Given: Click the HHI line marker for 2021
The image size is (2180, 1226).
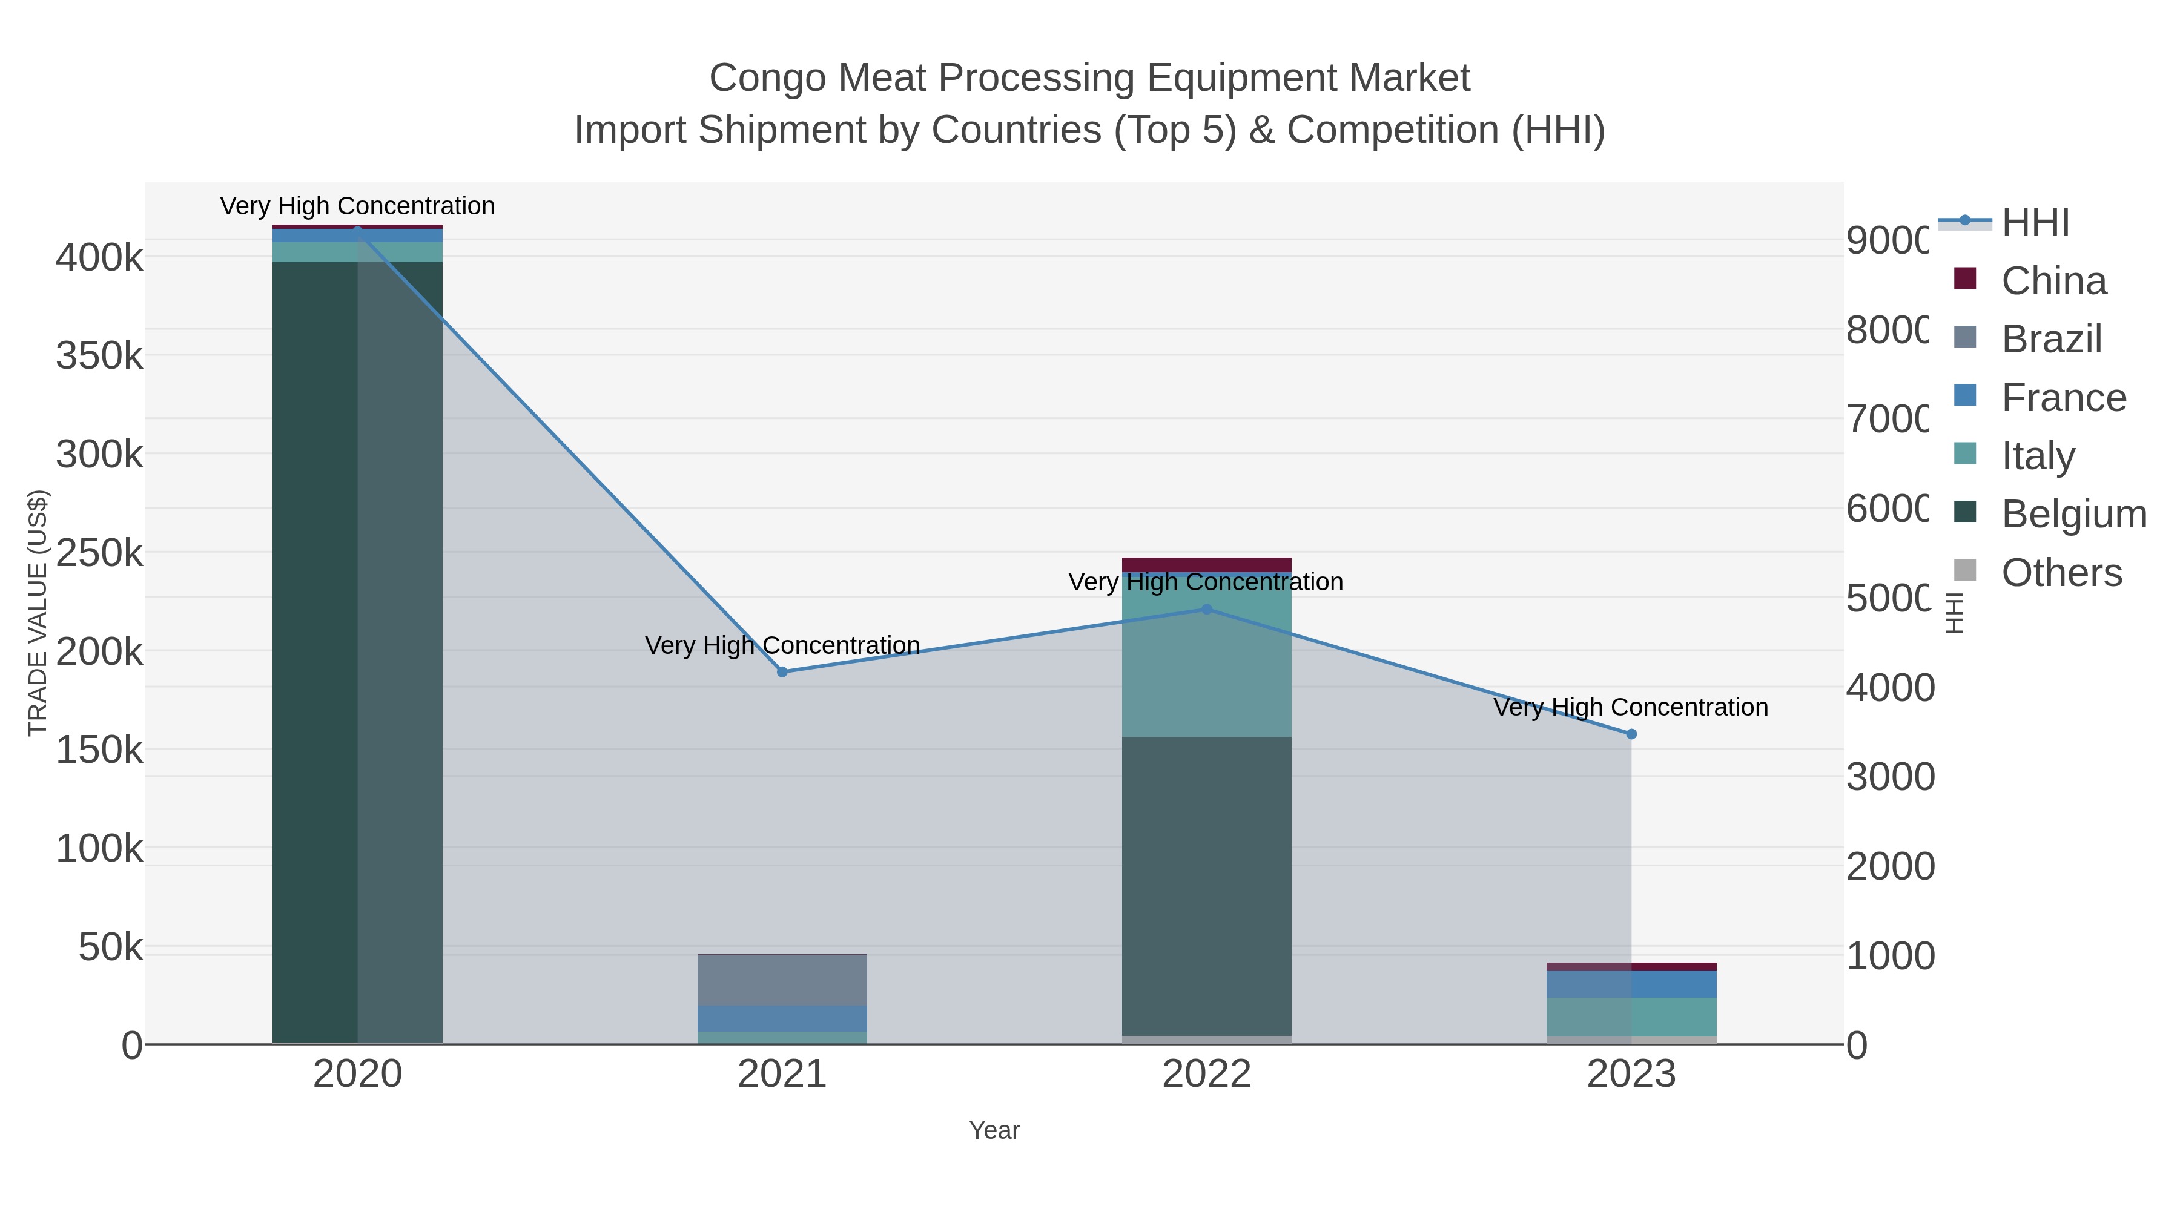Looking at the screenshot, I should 782,672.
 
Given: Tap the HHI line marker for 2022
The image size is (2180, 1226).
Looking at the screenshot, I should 1207,609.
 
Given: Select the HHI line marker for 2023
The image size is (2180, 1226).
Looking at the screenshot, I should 1631,734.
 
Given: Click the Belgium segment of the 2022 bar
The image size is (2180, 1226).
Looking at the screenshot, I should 1207,884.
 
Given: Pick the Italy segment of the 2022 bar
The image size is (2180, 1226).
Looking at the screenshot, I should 1207,668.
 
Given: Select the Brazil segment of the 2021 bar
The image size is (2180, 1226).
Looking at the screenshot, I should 782,979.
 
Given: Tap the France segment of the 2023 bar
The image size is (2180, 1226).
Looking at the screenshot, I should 1631,983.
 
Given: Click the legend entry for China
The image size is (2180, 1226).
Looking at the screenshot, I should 2052,281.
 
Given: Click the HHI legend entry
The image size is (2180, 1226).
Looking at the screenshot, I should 2035,223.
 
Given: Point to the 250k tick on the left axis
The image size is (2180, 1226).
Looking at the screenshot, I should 100,553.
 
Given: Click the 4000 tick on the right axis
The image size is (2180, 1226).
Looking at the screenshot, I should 1889,688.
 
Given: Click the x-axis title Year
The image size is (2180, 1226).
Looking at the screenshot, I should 994,1130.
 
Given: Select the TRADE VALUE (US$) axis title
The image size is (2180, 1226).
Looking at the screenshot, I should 37,613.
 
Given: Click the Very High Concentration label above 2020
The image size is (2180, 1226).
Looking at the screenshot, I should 357,206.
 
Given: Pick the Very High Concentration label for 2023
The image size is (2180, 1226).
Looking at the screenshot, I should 1630,707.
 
